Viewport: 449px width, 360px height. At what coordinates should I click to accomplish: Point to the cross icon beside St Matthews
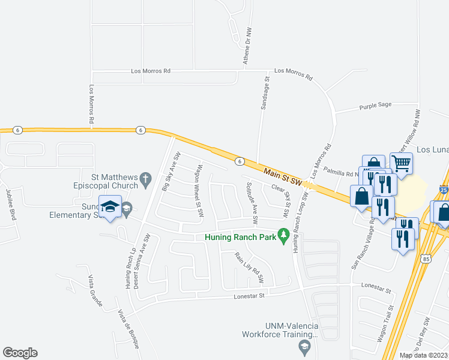(144, 179)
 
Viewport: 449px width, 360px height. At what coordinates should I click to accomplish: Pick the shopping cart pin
(401, 162)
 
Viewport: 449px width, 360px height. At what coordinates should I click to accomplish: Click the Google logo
(20, 353)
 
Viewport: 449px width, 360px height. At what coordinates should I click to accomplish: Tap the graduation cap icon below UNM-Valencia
(304, 347)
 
